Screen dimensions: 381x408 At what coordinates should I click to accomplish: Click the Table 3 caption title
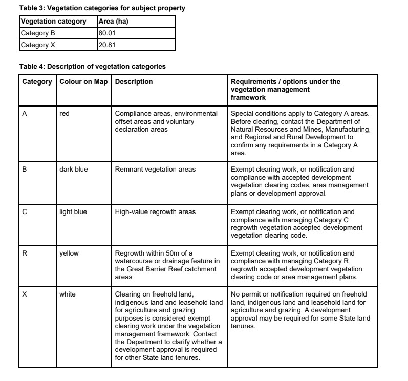[x=102, y=8]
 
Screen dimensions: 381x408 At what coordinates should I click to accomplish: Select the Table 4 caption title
[x=92, y=67]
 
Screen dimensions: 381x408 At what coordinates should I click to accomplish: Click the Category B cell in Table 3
[x=37, y=33]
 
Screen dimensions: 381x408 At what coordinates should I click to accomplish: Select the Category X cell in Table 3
[x=37, y=45]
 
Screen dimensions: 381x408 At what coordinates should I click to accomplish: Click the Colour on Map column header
[x=83, y=82]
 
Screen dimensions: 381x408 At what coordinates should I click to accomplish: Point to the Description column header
[x=134, y=82]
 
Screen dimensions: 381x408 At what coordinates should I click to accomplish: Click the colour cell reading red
[x=65, y=114]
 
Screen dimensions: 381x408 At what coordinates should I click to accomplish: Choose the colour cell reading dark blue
[x=74, y=170]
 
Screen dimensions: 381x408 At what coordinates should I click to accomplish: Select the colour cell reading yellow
[x=69, y=253]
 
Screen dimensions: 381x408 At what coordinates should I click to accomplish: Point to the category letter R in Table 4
[x=25, y=253]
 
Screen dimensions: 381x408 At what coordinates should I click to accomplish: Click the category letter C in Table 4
[x=25, y=211]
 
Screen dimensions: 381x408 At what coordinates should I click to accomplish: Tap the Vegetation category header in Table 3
[x=53, y=22]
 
